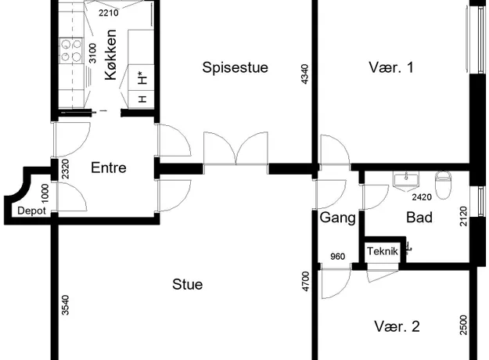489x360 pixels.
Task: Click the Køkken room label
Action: coord(111,55)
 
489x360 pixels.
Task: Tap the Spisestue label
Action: coord(236,67)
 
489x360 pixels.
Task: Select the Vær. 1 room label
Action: coord(391,67)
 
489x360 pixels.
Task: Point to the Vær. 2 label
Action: coord(397,326)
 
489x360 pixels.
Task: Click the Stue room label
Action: coord(188,285)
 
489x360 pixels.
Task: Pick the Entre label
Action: coord(109,167)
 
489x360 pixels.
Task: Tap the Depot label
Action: coord(31,211)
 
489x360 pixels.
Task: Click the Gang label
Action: coord(338,218)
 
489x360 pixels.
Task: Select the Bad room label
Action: coord(419,218)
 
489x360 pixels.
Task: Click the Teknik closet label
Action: coord(383,251)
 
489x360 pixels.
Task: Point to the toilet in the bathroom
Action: coord(443,185)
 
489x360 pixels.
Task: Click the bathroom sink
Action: coord(406,181)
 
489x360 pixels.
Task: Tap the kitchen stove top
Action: coord(71,51)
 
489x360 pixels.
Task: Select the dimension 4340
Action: coord(304,74)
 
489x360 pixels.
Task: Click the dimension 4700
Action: coord(306,282)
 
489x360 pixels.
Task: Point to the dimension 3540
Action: coord(65,305)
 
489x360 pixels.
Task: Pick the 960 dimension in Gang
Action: coord(337,257)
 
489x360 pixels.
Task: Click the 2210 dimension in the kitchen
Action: coord(109,13)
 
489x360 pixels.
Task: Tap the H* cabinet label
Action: coord(142,78)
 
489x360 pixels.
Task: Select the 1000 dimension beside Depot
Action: coord(45,193)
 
